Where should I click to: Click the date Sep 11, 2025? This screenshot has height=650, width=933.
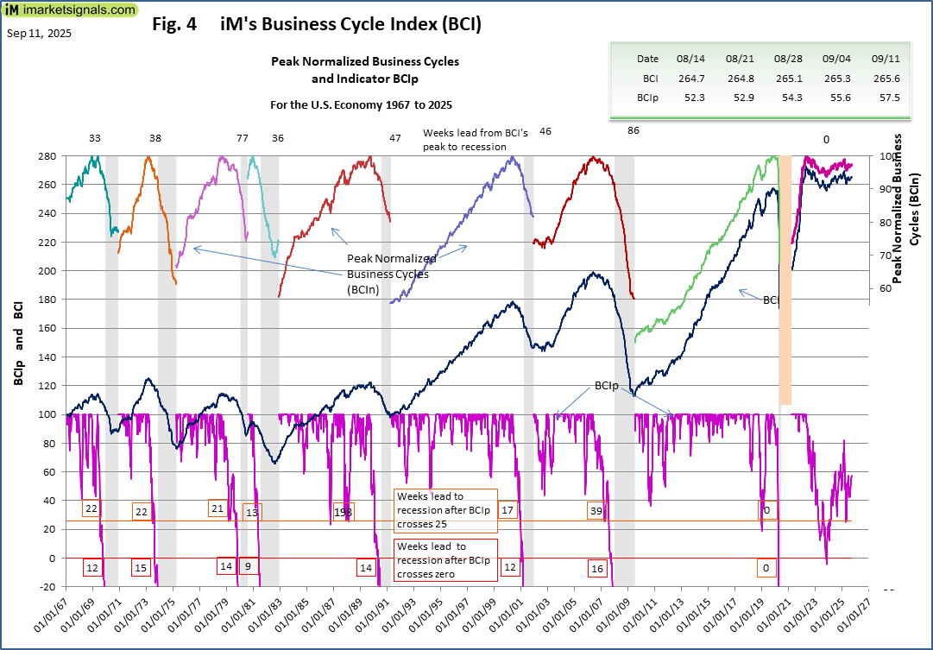pos(40,34)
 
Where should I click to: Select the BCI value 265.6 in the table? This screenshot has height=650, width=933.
pos(886,78)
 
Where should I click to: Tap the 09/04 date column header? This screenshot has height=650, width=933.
pos(837,59)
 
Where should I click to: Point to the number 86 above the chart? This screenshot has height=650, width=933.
pos(634,130)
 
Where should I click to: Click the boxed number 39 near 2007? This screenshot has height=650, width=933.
pos(596,510)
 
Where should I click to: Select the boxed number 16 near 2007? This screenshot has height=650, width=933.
pos(596,568)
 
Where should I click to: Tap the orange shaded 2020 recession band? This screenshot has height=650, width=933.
pos(785,363)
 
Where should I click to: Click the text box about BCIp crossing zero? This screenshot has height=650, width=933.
pos(445,560)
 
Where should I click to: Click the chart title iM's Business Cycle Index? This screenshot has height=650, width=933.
pos(316,25)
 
